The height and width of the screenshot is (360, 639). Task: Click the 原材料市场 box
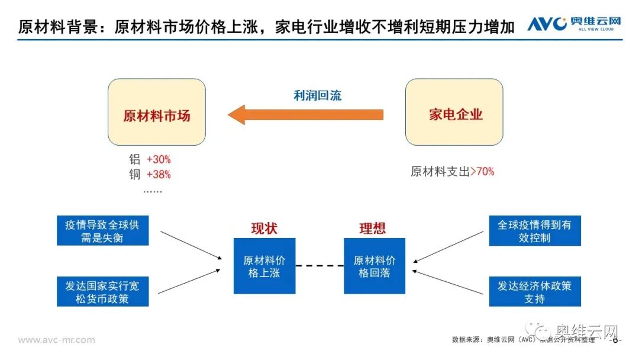(x=157, y=112)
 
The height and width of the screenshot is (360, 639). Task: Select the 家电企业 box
(x=454, y=112)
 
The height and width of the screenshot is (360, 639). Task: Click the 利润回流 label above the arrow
(x=318, y=95)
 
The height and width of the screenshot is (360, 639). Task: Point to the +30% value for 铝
(x=159, y=159)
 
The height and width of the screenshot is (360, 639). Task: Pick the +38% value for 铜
(x=159, y=175)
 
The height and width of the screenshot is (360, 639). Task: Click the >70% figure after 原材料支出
(x=482, y=172)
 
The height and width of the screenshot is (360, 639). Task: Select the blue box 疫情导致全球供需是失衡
(x=103, y=231)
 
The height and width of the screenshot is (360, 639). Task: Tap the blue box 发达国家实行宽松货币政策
(x=103, y=291)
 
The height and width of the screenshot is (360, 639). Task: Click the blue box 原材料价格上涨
(x=264, y=266)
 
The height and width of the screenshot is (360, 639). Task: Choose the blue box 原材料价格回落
(x=375, y=266)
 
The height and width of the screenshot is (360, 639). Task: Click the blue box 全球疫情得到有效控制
(x=535, y=231)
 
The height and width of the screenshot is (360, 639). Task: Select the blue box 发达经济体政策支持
(x=535, y=291)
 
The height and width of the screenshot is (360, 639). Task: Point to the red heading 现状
(x=264, y=228)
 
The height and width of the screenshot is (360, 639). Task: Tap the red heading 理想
(x=372, y=228)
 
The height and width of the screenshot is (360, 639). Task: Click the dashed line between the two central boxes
(x=319, y=266)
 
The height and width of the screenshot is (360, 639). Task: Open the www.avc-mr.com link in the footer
(x=56, y=340)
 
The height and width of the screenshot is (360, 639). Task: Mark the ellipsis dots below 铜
(x=152, y=191)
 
